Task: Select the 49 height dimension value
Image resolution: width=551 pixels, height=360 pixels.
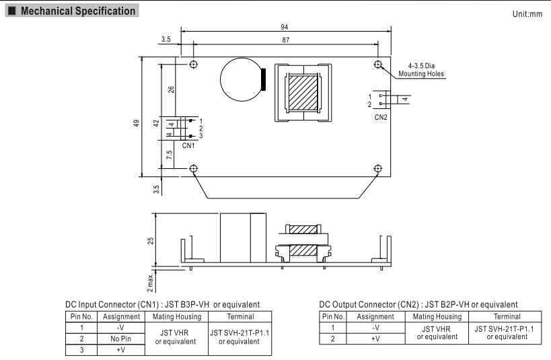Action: pyautogui.click(x=137, y=124)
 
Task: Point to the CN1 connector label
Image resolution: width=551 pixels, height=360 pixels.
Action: pyautogui.click(x=188, y=145)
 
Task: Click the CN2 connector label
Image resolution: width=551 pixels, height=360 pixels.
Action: pyautogui.click(x=380, y=116)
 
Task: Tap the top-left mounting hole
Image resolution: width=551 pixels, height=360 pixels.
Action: pyautogui.click(x=194, y=65)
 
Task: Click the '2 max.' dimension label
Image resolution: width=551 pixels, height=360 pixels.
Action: pyautogui.click(x=152, y=275)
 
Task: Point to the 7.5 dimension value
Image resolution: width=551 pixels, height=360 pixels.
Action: pyautogui.click(x=170, y=154)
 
